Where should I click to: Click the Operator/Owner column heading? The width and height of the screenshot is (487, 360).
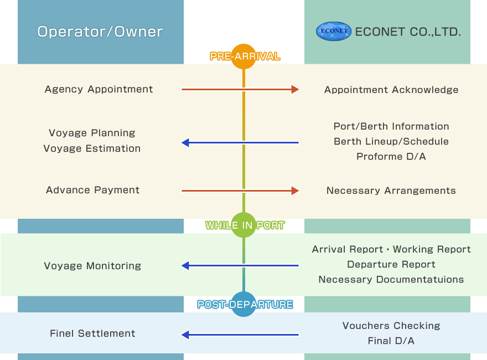point(100,32)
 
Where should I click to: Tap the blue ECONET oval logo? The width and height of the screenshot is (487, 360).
point(333,32)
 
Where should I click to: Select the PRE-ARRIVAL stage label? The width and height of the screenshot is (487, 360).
point(245,56)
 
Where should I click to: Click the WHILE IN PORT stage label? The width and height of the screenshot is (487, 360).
point(245,225)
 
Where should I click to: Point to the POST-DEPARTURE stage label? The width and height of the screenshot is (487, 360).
point(245,305)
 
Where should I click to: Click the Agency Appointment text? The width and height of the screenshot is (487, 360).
point(99,89)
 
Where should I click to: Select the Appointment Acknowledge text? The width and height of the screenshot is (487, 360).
point(391,90)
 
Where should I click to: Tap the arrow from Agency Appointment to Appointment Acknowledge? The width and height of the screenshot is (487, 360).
point(240,89)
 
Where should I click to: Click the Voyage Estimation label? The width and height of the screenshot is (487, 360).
point(92,148)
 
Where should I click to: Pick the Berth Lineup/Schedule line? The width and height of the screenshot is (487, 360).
point(391,141)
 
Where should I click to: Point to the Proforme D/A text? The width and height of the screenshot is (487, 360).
point(391,157)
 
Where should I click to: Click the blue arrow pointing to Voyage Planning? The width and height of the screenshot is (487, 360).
point(240,143)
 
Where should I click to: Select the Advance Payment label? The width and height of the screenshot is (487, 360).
point(93,190)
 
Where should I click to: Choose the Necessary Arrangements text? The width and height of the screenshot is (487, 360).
point(391,191)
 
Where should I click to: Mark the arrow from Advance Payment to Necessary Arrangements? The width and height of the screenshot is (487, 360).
point(240,191)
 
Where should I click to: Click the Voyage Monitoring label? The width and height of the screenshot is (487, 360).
point(92,266)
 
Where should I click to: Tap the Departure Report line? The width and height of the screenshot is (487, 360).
point(391,264)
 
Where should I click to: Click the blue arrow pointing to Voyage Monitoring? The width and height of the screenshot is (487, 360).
point(240,266)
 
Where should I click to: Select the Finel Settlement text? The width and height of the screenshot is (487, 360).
point(92,333)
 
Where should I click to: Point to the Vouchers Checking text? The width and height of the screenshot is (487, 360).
point(391,326)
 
